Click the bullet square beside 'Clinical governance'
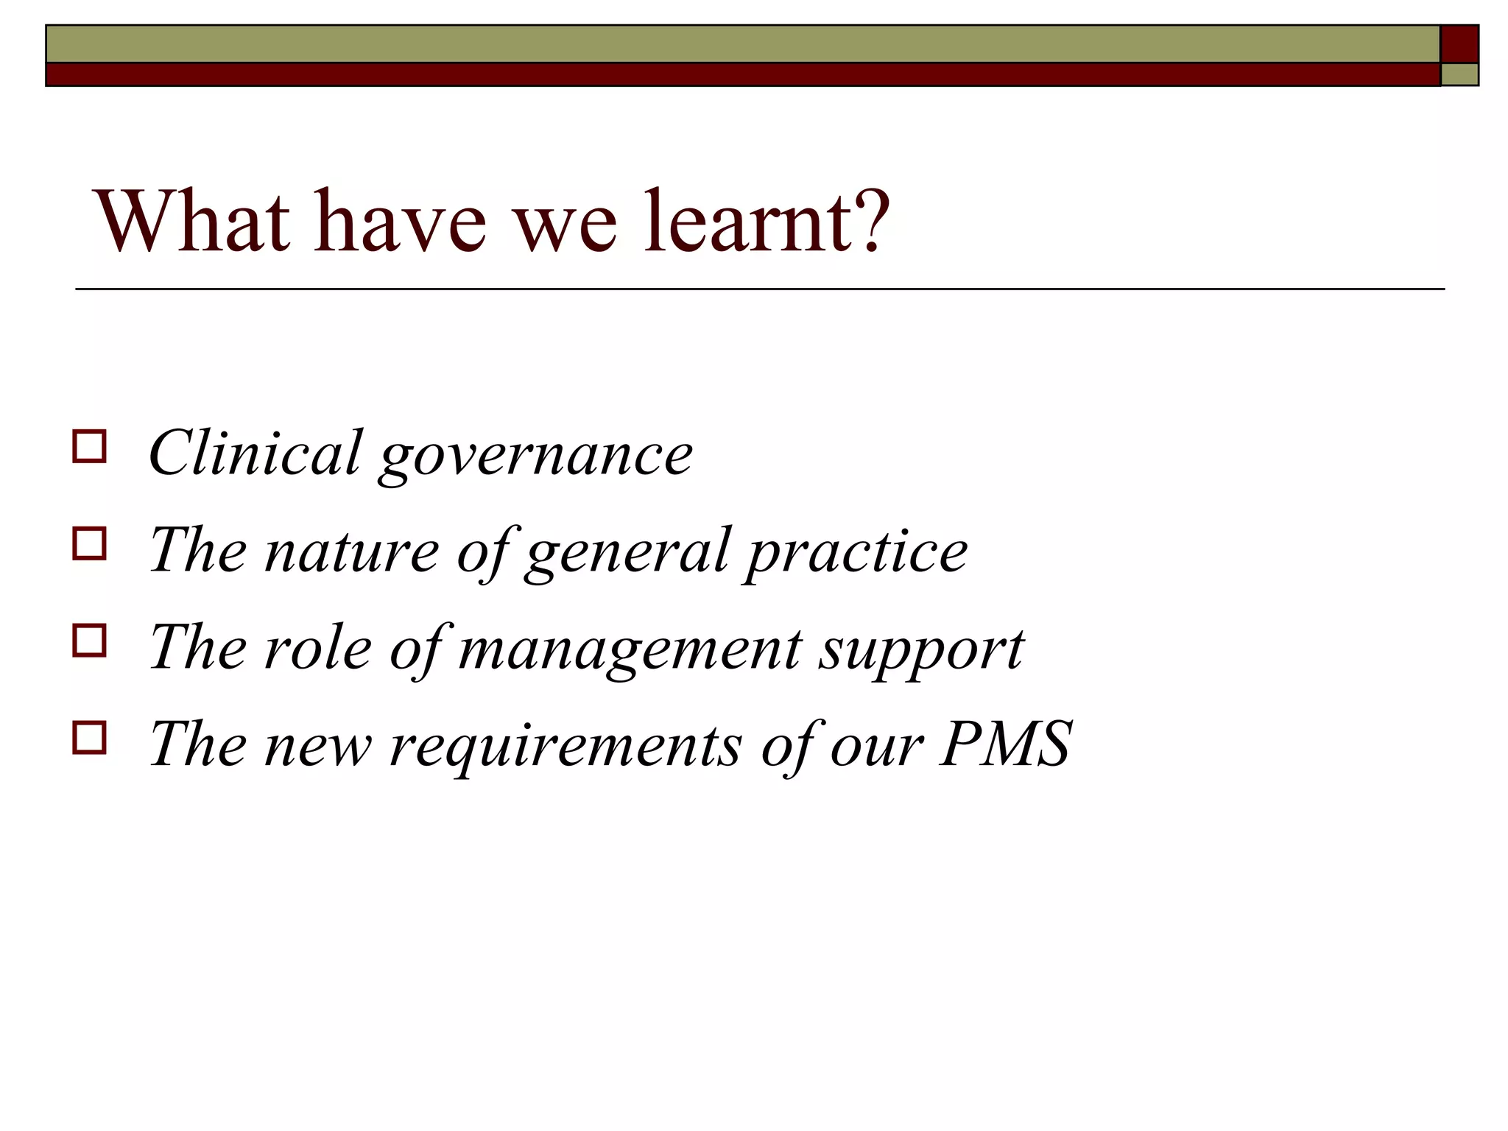pyautogui.click(x=89, y=446)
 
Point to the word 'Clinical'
pyautogui.click(x=255, y=453)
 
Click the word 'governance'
pyautogui.click(x=536, y=457)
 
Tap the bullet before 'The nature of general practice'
pyautogui.click(x=89, y=543)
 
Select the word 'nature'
pyautogui.click(x=351, y=551)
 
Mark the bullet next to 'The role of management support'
pyautogui.click(x=89, y=641)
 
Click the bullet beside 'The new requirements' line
pyautogui.click(x=89, y=737)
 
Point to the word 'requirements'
pyautogui.click(x=565, y=747)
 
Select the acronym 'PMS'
pyautogui.click(x=1006, y=744)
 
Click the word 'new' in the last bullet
pyautogui.click(x=317, y=747)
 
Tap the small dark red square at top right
pyautogui.click(x=1459, y=44)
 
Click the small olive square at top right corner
pyautogui.click(x=1459, y=75)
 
